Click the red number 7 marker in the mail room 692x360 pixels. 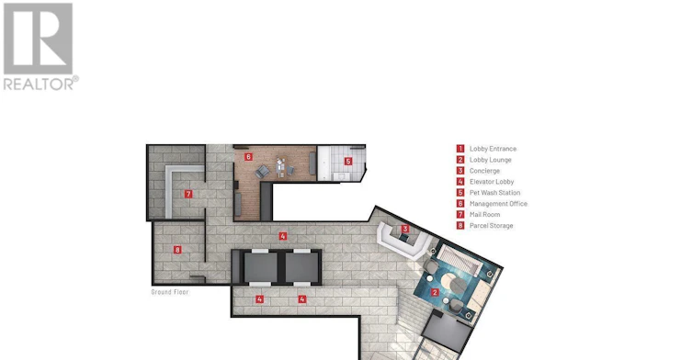pyautogui.click(x=188, y=194)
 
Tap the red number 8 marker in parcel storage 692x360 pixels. pyautogui.click(x=177, y=250)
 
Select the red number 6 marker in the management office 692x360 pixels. pyautogui.click(x=248, y=157)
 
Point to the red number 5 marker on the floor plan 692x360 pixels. pyautogui.click(x=348, y=162)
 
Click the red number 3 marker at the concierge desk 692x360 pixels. pyautogui.click(x=405, y=229)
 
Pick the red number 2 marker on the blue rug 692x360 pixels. pyautogui.click(x=435, y=292)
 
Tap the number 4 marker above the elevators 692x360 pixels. pyautogui.click(x=283, y=236)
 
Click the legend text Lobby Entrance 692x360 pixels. pyautogui.click(x=493, y=149)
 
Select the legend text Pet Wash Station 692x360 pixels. pyautogui.click(x=494, y=193)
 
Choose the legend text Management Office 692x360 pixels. pyautogui.click(x=498, y=203)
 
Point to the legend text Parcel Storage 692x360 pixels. pyautogui.click(x=491, y=225)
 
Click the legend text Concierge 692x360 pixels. pyautogui.click(x=484, y=171)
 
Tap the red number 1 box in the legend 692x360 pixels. pyautogui.click(x=460, y=149)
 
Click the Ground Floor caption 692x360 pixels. pyautogui.click(x=170, y=292)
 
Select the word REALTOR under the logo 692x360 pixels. pyautogui.click(x=39, y=84)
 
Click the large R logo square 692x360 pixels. pyautogui.click(x=38, y=39)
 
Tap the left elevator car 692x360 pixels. pyautogui.click(x=261, y=267)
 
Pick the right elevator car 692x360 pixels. pyautogui.click(x=301, y=267)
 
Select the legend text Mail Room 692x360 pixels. pyautogui.click(x=484, y=214)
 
